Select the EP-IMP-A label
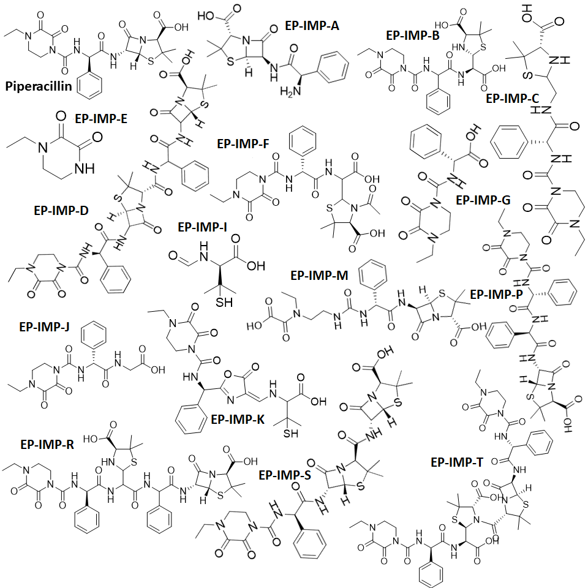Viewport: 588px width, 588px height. pyautogui.click(x=312, y=26)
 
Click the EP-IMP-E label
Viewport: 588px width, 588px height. pyautogui.click(x=101, y=118)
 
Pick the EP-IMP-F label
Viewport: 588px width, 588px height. pyautogui.click(x=244, y=143)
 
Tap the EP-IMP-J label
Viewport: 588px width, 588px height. pyautogui.click(x=44, y=326)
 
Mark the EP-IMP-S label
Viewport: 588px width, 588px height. pyautogui.click(x=285, y=475)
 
